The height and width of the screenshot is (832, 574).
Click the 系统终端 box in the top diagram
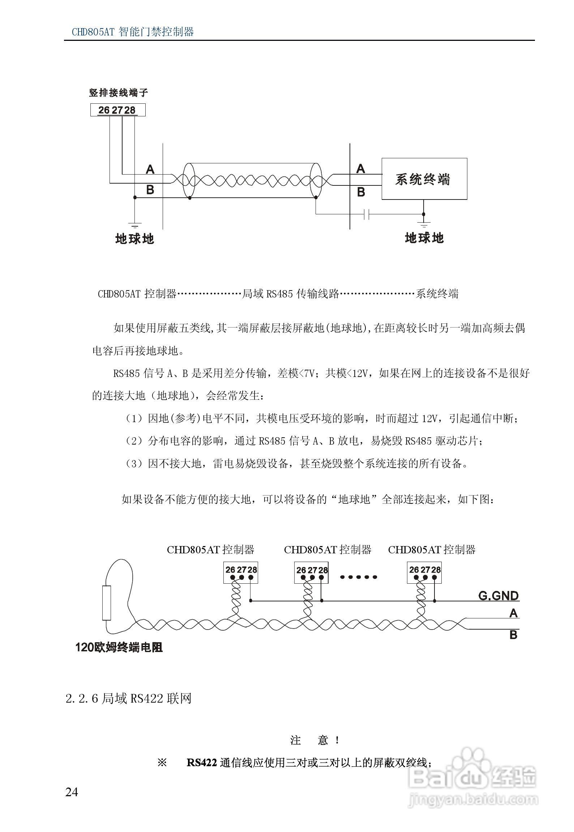424,179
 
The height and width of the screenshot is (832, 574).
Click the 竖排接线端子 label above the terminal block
119,93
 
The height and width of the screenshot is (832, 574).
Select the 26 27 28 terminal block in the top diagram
117,110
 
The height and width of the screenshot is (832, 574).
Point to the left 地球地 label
134,239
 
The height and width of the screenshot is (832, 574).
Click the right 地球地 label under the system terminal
424,238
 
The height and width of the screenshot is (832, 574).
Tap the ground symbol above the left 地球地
134,224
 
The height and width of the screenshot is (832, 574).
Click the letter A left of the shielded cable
150,169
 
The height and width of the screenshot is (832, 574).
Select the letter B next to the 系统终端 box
361,192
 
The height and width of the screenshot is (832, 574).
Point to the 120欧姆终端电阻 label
119,647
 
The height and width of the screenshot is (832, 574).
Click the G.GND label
498,596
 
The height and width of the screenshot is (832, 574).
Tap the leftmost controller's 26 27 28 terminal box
241,572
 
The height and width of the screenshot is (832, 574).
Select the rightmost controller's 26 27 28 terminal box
424,572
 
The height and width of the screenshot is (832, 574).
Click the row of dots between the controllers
358,577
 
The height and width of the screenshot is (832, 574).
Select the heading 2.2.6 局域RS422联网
128,699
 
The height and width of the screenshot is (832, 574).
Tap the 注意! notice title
315,741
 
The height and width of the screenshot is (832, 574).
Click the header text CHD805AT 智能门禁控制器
133,32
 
